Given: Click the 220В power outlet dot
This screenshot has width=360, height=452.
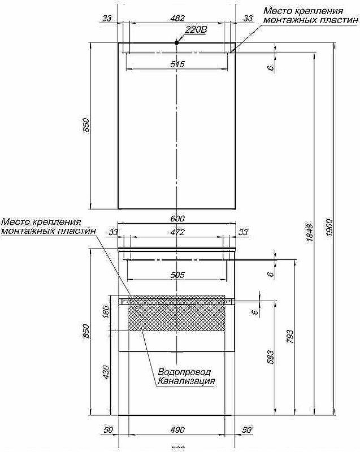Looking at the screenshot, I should pos(177,42).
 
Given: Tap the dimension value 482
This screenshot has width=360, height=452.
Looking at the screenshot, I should pos(177,18).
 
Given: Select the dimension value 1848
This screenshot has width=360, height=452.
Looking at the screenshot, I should pos(309,233).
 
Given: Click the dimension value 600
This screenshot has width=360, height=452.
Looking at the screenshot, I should pos(177,219).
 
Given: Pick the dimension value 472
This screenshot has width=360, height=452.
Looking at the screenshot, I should pos(177,232).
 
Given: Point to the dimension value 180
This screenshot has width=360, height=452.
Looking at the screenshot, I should pos(105,312).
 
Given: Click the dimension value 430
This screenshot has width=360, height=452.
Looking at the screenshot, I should pos(105,371).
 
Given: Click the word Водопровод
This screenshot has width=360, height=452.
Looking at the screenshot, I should pos(184,372).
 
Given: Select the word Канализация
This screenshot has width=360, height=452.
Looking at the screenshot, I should pos(186,381).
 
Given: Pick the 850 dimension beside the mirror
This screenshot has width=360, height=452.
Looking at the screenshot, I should pos(86,125).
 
